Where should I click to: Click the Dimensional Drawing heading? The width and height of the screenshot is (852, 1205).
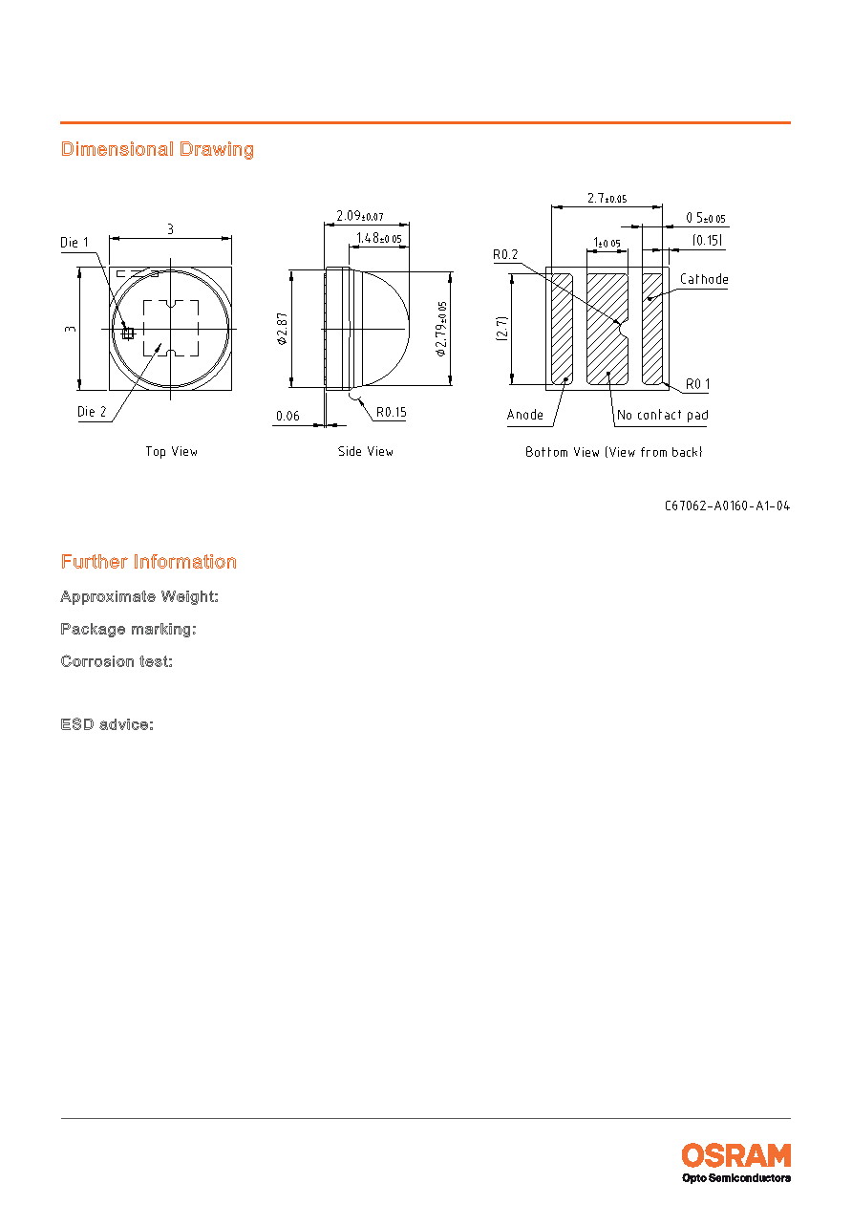[x=157, y=149]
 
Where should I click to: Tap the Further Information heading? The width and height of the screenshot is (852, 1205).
[x=148, y=562]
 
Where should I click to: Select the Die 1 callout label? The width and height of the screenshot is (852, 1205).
[x=75, y=243]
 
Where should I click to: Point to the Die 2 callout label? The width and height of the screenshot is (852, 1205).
[x=92, y=412]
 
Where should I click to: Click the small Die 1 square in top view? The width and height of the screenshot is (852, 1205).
[x=128, y=334]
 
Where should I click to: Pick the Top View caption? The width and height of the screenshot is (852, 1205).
[x=172, y=451]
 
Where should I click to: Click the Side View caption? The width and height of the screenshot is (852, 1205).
[x=366, y=451]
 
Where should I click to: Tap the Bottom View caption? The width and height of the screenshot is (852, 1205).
[x=614, y=452]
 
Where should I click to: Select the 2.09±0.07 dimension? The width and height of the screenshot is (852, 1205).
[x=360, y=216]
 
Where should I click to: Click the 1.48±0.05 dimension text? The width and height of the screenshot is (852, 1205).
[x=379, y=238]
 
